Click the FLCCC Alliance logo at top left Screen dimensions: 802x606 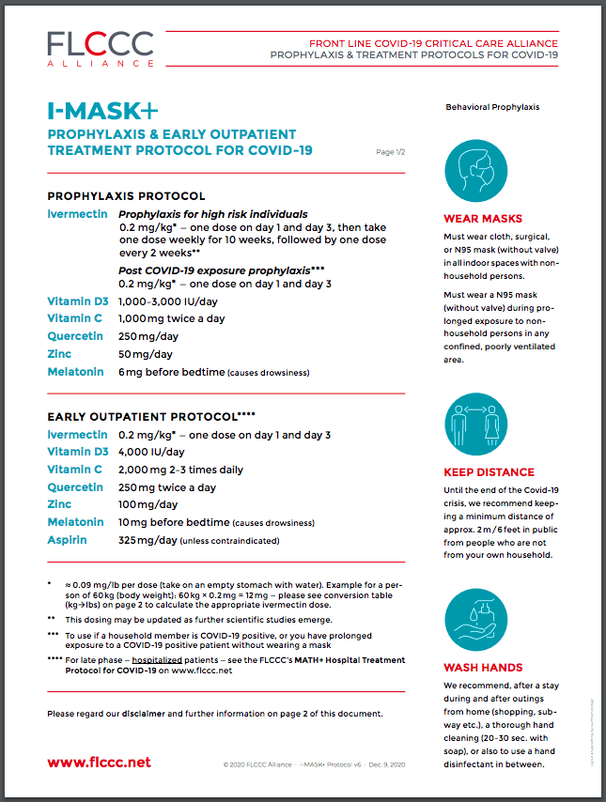coord(101,48)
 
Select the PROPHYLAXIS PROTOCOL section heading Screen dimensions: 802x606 coord(126,196)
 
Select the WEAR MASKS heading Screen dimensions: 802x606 coord(482,219)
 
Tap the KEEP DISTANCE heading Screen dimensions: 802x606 coord(489,472)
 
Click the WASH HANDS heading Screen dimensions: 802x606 coord(483,668)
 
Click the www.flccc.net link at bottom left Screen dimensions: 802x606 coord(99,762)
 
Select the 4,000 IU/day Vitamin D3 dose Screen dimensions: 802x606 coord(151,452)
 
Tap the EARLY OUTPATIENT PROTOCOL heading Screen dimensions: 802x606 coord(150,416)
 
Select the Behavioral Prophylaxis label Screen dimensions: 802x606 coord(492,107)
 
